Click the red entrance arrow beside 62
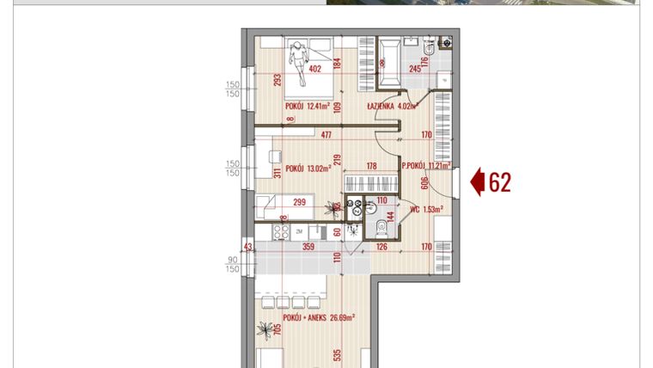(478, 182)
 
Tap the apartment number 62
(500, 182)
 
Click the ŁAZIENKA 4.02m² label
(391, 107)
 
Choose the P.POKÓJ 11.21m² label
(426, 166)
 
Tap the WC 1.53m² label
(426, 209)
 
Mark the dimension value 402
(314, 70)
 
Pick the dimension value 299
(300, 203)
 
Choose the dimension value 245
(414, 70)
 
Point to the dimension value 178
(372, 166)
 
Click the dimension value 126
(382, 248)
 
